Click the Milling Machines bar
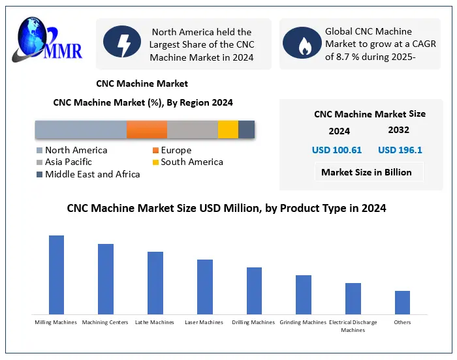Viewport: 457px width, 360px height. pyautogui.click(x=57, y=275)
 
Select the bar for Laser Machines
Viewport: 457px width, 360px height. pyautogui.click(x=205, y=287)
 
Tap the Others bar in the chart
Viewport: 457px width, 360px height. pyautogui.click(x=403, y=303)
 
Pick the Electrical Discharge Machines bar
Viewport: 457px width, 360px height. pyautogui.click(x=353, y=299)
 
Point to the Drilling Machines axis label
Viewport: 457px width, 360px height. pyautogui.click(x=253, y=322)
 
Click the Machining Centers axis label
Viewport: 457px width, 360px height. pyautogui.click(x=104, y=322)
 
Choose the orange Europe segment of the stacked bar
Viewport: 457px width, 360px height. pyautogui.click(x=147, y=129)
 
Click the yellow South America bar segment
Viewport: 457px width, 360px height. pyautogui.click(x=228, y=129)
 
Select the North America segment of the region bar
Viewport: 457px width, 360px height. pyautogui.click(x=80, y=129)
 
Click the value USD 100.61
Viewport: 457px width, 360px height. pyautogui.click(x=337, y=150)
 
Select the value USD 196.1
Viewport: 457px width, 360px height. pyautogui.click(x=400, y=150)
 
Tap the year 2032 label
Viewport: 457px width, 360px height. pyautogui.click(x=399, y=130)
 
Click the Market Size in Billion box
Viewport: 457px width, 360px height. pyautogui.click(x=366, y=172)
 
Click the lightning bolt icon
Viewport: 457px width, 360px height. pyautogui.click(x=122, y=43)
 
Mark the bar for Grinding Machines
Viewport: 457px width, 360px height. pyautogui.click(x=304, y=295)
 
